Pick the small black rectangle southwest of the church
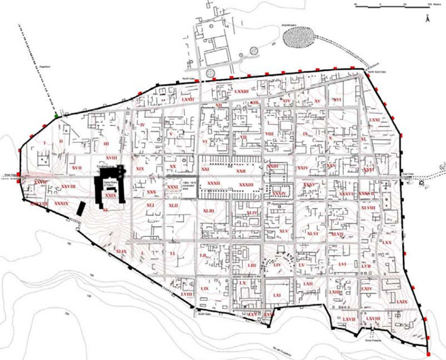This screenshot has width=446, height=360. tap(80, 207)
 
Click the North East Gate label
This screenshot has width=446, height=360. tap(374, 72)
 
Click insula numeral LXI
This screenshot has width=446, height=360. tap(278, 295)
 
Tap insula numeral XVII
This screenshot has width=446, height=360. tap(77, 167)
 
